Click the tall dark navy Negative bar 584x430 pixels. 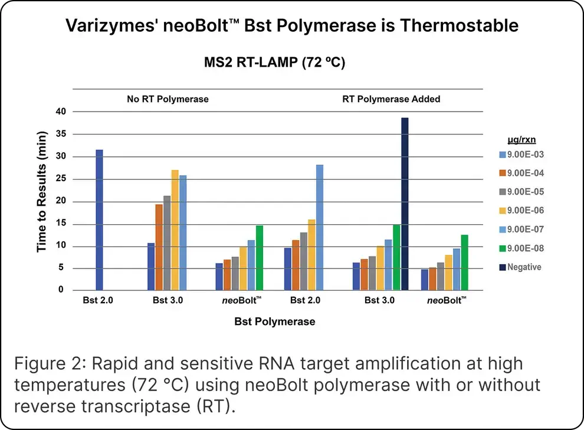(405, 203)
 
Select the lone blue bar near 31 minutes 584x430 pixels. (99, 219)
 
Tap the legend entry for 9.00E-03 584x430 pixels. (523, 155)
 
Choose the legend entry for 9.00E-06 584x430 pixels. (523, 211)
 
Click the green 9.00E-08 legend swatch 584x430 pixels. (501, 248)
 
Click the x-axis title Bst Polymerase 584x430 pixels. (274, 321)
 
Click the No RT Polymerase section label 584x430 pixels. (168, 99)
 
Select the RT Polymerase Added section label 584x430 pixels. (391, 99)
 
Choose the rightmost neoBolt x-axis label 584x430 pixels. (447, 300)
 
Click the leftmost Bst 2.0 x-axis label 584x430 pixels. (99, 300)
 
